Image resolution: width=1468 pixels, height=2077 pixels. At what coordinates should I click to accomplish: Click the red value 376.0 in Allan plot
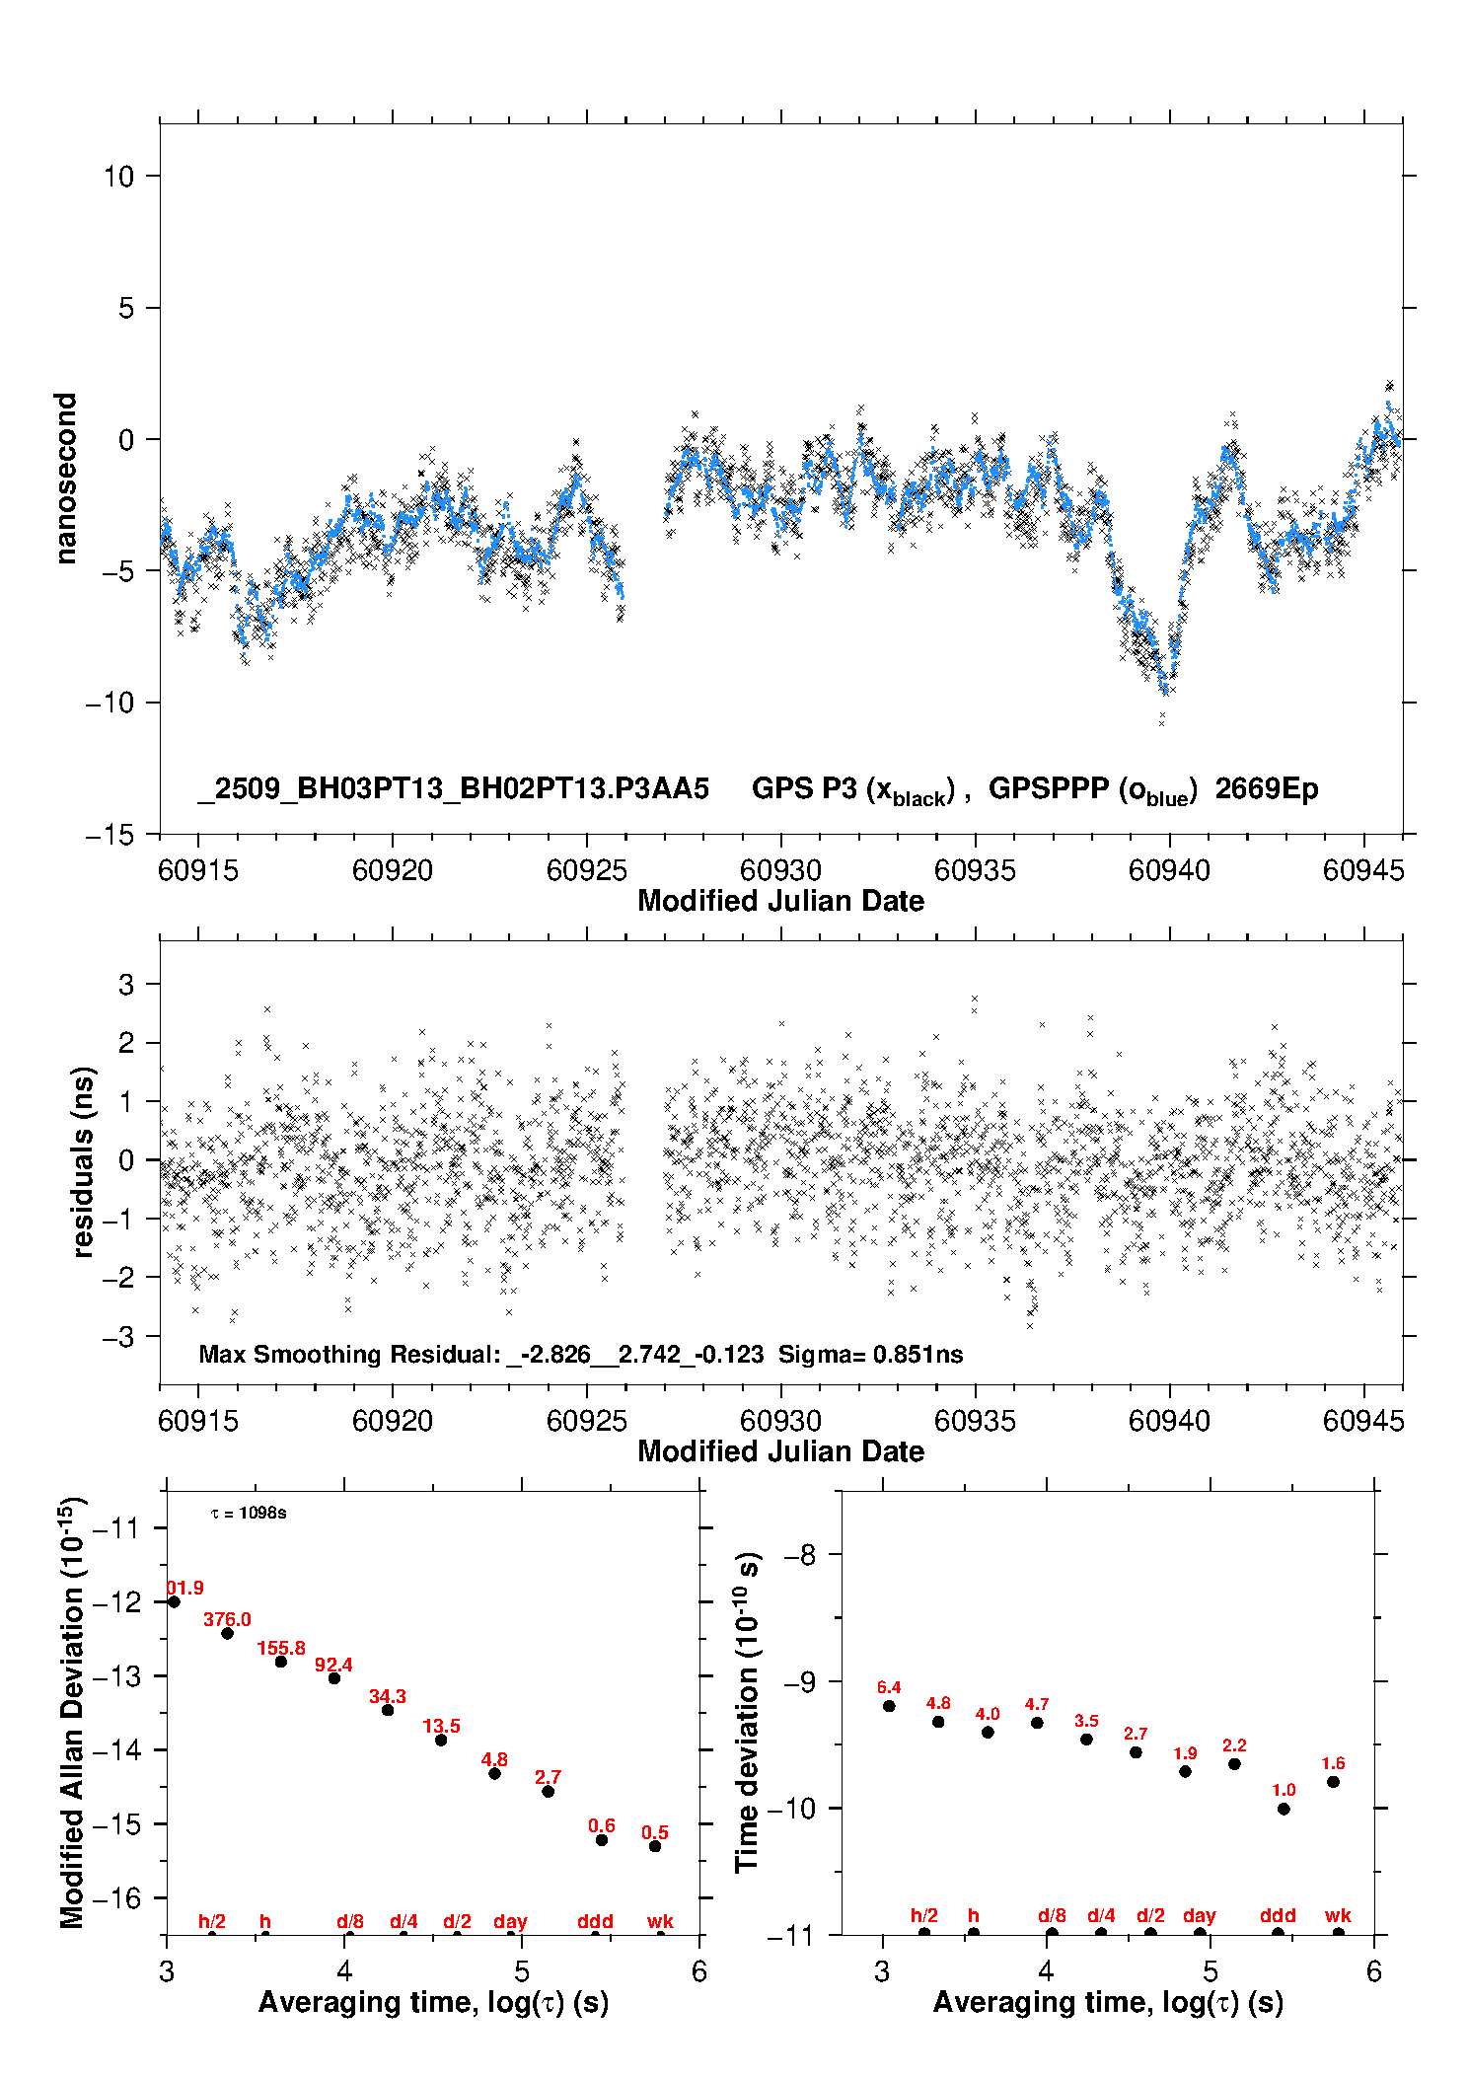point(227,1619)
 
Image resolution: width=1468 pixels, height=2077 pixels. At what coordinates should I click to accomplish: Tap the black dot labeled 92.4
point(334,1678)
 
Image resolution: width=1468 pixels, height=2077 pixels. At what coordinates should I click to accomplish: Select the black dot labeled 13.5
point(441,1740)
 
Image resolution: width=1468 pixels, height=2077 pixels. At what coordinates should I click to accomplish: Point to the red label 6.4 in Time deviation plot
point(889,1687)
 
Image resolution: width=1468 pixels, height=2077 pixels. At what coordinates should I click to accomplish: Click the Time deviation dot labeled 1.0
point(1284,1809)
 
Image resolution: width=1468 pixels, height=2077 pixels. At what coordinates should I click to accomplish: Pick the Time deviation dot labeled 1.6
point(1333,1782)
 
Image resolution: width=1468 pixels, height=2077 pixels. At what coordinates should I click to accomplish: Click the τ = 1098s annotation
point(249,1514)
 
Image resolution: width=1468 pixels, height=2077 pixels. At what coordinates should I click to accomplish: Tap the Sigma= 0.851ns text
point(870,1354)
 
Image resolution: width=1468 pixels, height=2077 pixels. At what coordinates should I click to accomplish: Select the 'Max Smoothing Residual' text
point(349,1354)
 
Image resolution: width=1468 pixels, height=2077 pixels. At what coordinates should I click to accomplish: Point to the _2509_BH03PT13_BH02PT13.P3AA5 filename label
point(453,788)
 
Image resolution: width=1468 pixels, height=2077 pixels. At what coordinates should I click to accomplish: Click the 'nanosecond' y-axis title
point(66,479)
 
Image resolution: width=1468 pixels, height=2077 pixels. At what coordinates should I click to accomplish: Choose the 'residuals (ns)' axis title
point(84,1161)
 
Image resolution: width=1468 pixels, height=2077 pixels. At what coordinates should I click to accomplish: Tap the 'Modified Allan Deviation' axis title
point(72,1712)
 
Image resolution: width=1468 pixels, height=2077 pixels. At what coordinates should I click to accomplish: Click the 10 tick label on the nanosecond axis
point(118,177)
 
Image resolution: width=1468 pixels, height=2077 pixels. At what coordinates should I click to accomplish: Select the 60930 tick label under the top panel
point(780,870)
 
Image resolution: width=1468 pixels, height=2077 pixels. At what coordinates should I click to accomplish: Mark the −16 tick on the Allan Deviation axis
point(116,1897)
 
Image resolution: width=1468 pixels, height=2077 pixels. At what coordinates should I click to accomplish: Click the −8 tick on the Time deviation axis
point(799,1555)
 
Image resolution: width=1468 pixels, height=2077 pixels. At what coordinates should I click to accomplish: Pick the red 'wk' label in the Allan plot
point(660,1921)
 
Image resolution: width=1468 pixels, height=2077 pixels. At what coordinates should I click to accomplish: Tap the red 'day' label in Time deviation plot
point(1199,1915)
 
